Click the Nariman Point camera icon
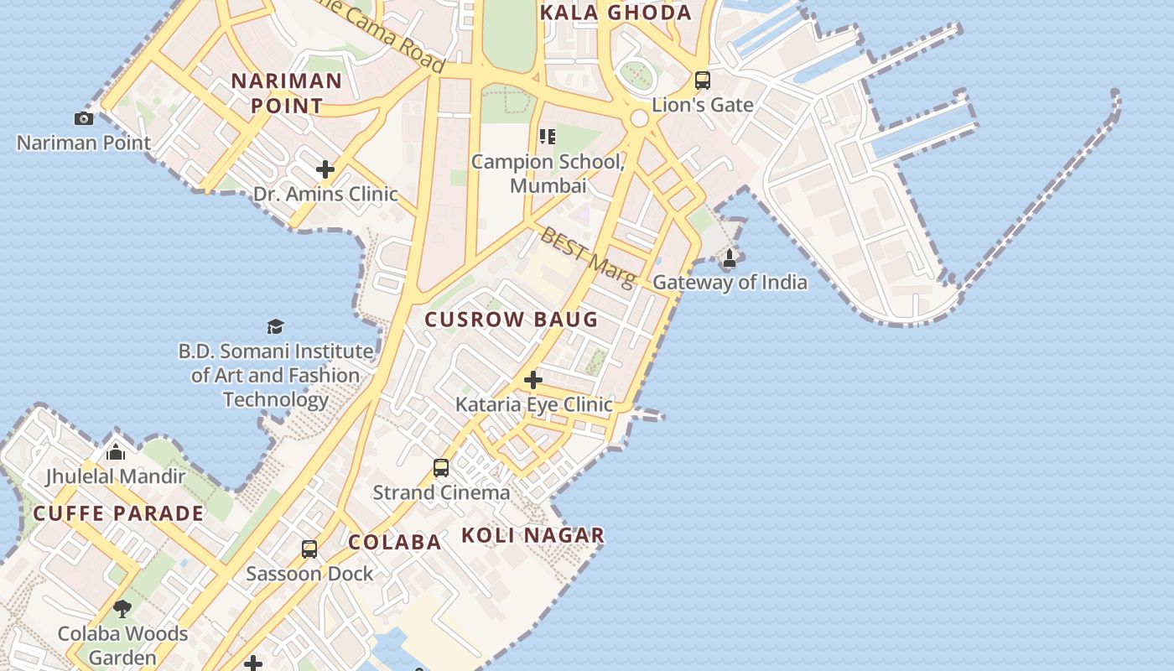84,118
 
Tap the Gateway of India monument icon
730,258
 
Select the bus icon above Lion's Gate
703,81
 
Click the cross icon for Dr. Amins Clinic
325,169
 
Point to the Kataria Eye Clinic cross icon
532,380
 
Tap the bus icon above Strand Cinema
441,467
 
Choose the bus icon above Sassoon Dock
309,549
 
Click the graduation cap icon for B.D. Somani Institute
275,326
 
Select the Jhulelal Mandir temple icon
116,453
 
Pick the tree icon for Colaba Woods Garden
122,609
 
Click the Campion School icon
548,136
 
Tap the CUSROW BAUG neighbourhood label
511,320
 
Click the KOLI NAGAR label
532,535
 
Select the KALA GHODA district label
616,13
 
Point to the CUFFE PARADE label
118,513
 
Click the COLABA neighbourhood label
394,542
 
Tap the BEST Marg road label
587,256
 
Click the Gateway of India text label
730,283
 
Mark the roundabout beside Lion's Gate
639,118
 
